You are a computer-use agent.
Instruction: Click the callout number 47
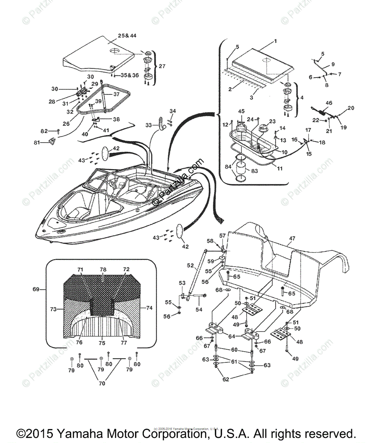point(292,239)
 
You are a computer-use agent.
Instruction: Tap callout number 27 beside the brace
point(162,66)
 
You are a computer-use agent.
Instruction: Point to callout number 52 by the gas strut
point(190,265)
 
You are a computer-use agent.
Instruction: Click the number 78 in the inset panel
point(103,270)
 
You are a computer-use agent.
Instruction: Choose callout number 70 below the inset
point(102,384)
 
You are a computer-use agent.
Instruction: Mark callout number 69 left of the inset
point(35,289)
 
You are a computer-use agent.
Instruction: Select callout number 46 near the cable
point(329,103)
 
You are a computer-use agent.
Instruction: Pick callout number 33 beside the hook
point(148,125)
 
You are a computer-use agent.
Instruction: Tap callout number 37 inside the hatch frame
point(116,94)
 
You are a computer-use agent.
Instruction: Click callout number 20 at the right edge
point(351,108)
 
